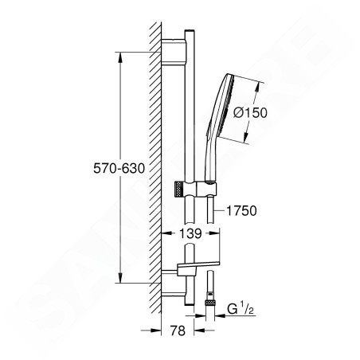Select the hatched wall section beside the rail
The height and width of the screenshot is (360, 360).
(x=154, y=159)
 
